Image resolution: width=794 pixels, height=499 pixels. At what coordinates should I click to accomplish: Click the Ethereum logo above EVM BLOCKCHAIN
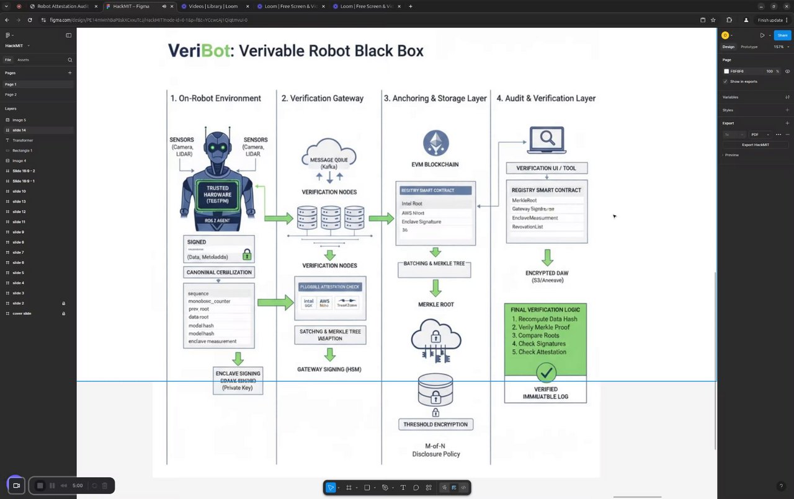coord(435,143)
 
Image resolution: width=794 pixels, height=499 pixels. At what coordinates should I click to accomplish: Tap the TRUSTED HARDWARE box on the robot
coord(218,195)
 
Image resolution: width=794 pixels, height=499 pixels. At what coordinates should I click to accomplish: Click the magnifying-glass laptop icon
coord(546,140)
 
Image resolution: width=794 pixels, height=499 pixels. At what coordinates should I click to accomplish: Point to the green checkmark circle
coord(546,372)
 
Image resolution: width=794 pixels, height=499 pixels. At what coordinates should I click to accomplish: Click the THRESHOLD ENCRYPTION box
coord(435,424)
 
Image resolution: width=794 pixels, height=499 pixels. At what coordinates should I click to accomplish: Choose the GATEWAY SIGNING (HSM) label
coord(329,369)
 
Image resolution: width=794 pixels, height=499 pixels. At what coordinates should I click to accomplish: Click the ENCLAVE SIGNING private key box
coord(238,381)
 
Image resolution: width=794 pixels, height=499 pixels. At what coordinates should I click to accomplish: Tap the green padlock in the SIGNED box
coord(247,254)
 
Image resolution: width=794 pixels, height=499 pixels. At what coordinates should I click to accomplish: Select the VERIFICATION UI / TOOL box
coord(546,168)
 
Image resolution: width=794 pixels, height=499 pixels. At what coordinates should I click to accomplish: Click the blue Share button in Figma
coord(782,35)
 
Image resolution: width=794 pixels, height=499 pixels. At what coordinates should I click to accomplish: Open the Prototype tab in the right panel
coord(749,47)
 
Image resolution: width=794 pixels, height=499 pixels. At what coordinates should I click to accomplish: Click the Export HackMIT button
coord(756,144)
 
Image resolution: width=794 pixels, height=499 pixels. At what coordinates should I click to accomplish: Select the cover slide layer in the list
coord(22,314)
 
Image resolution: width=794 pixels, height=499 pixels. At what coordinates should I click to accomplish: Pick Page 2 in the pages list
coord(11,95)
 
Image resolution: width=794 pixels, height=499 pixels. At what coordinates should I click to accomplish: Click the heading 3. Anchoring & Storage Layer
coord(435,99)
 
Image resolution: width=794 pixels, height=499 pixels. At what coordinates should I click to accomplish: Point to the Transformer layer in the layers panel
coord(23,140)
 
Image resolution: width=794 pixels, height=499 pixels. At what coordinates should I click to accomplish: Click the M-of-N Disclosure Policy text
coord(436,450)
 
